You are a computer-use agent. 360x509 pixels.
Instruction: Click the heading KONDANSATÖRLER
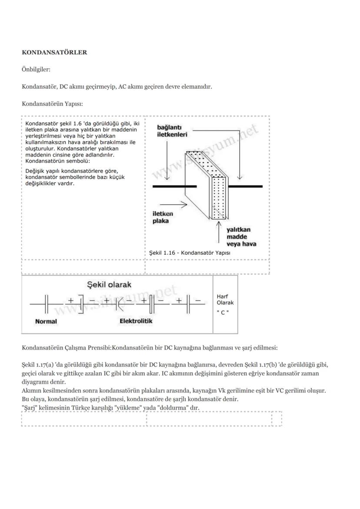[x=54, y=53]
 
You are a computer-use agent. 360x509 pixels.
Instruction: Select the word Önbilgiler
[x=36, y=70]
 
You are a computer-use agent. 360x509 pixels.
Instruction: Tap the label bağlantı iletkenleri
[x=172, y=131]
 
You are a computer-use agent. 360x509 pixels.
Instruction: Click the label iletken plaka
[x=163, y=217]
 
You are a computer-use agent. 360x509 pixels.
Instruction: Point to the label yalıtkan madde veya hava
[x=241, y=236]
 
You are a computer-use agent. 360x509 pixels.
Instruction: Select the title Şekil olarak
[x=109, y=285]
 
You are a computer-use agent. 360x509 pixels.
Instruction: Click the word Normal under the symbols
[x=46, y=322]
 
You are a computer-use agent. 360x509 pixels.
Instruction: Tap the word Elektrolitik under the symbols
[x=136, y=321]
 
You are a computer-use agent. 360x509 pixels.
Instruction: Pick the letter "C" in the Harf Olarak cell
[x=223, y=313]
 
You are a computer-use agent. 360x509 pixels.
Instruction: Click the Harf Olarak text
[x=225, y=299]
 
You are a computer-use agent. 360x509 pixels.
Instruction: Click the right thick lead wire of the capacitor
[x=245, y=186]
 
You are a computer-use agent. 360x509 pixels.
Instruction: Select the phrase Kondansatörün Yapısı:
[x=52, y=104]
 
